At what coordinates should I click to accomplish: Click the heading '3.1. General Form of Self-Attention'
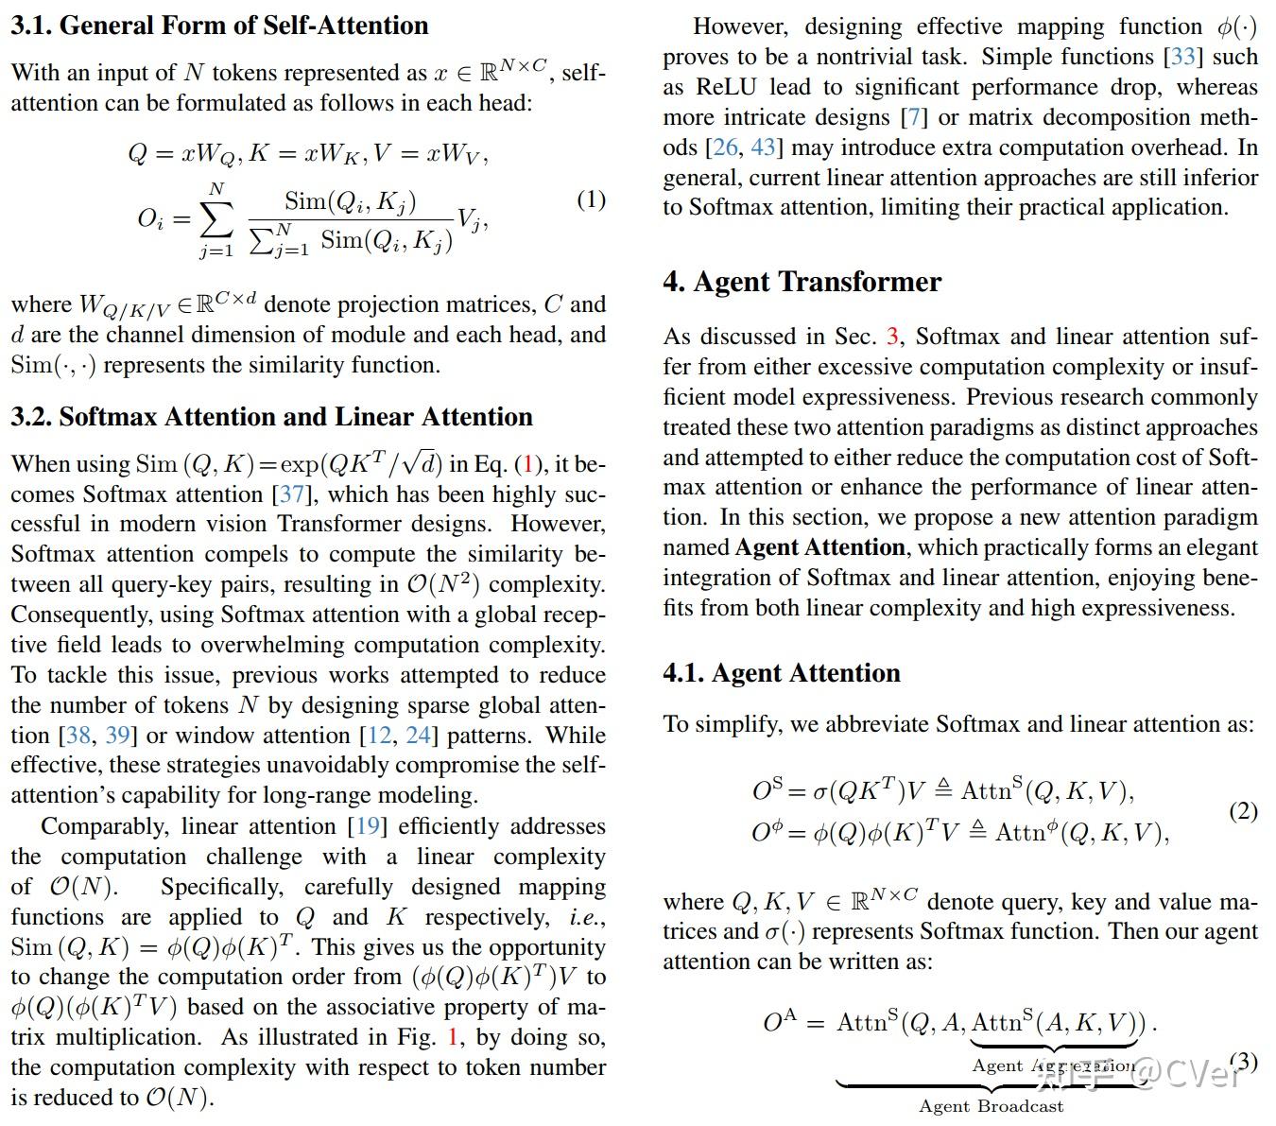pos(219,26)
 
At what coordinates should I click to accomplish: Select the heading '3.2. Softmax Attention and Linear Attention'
pos(271,417)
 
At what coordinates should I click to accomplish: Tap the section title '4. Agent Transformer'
pos(802,282)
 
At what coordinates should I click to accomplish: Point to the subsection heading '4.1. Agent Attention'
pos(781,673)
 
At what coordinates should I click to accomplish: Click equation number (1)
pos(591,199)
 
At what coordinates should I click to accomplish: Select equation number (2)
pos(1243,811)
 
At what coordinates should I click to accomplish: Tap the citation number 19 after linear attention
pos(368,826)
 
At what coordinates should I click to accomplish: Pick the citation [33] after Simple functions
pos(1183,57)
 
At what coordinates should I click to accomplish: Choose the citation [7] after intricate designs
pos(914,117)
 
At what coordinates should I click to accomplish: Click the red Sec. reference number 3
pos(892,337)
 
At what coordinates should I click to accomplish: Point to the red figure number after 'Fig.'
pos(453,1037)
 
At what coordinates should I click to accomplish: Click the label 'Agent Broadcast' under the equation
pos(991,1106)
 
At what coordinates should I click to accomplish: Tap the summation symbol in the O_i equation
pos(216,218)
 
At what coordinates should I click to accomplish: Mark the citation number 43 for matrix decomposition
pos(763,147)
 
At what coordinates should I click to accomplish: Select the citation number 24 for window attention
pos(418,736)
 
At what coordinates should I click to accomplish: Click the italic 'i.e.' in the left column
pos(586,917)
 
